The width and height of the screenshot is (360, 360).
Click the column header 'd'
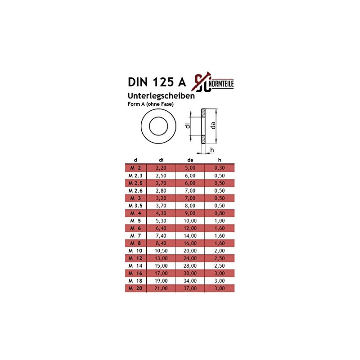(135, 160)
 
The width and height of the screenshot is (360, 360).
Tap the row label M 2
(135, 167)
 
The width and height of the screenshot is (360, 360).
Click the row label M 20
(135, 288)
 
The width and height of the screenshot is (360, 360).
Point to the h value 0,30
(219, 167)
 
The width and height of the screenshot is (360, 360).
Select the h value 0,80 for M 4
(219, 213)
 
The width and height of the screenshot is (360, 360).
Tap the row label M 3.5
(135, 205)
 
